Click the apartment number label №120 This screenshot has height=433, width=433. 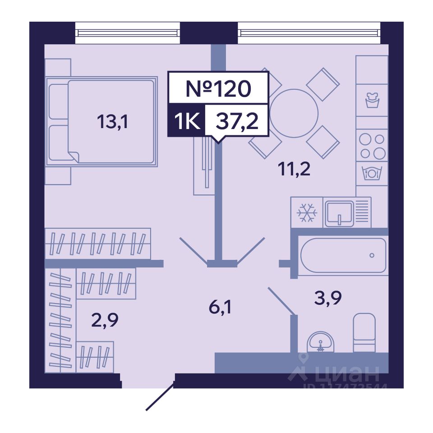pos(218,88)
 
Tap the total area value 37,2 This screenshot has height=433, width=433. pos(237,121)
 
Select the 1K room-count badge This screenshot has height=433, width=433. pos(186,121)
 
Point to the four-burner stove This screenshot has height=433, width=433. pos(372,146)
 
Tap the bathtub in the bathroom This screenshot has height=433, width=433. pos(343,255)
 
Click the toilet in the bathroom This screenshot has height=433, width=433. pos(364,332)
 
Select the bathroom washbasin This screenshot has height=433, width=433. pos(320,343)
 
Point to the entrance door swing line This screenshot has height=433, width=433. pos(160,397)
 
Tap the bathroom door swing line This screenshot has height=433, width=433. pos(282,300)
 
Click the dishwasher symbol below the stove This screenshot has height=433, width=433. pos(372,173)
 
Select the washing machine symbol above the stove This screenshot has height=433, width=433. pos(372,100)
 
